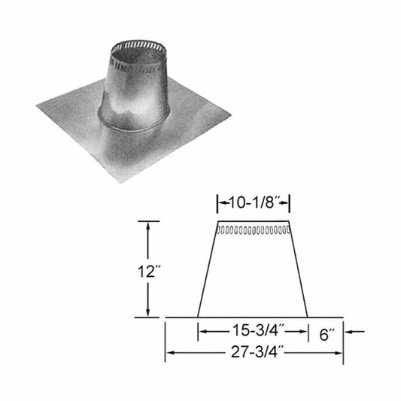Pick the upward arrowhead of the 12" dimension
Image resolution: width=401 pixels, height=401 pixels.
tap(150, 226)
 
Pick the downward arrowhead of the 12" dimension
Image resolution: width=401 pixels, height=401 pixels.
tap(150, 312)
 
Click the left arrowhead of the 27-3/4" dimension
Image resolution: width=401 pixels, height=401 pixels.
tap(169, 351)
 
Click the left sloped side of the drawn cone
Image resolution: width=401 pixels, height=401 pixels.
tap(207, 271)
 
